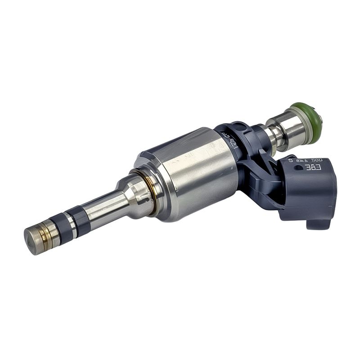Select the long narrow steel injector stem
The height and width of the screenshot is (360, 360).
coord(103,207)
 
